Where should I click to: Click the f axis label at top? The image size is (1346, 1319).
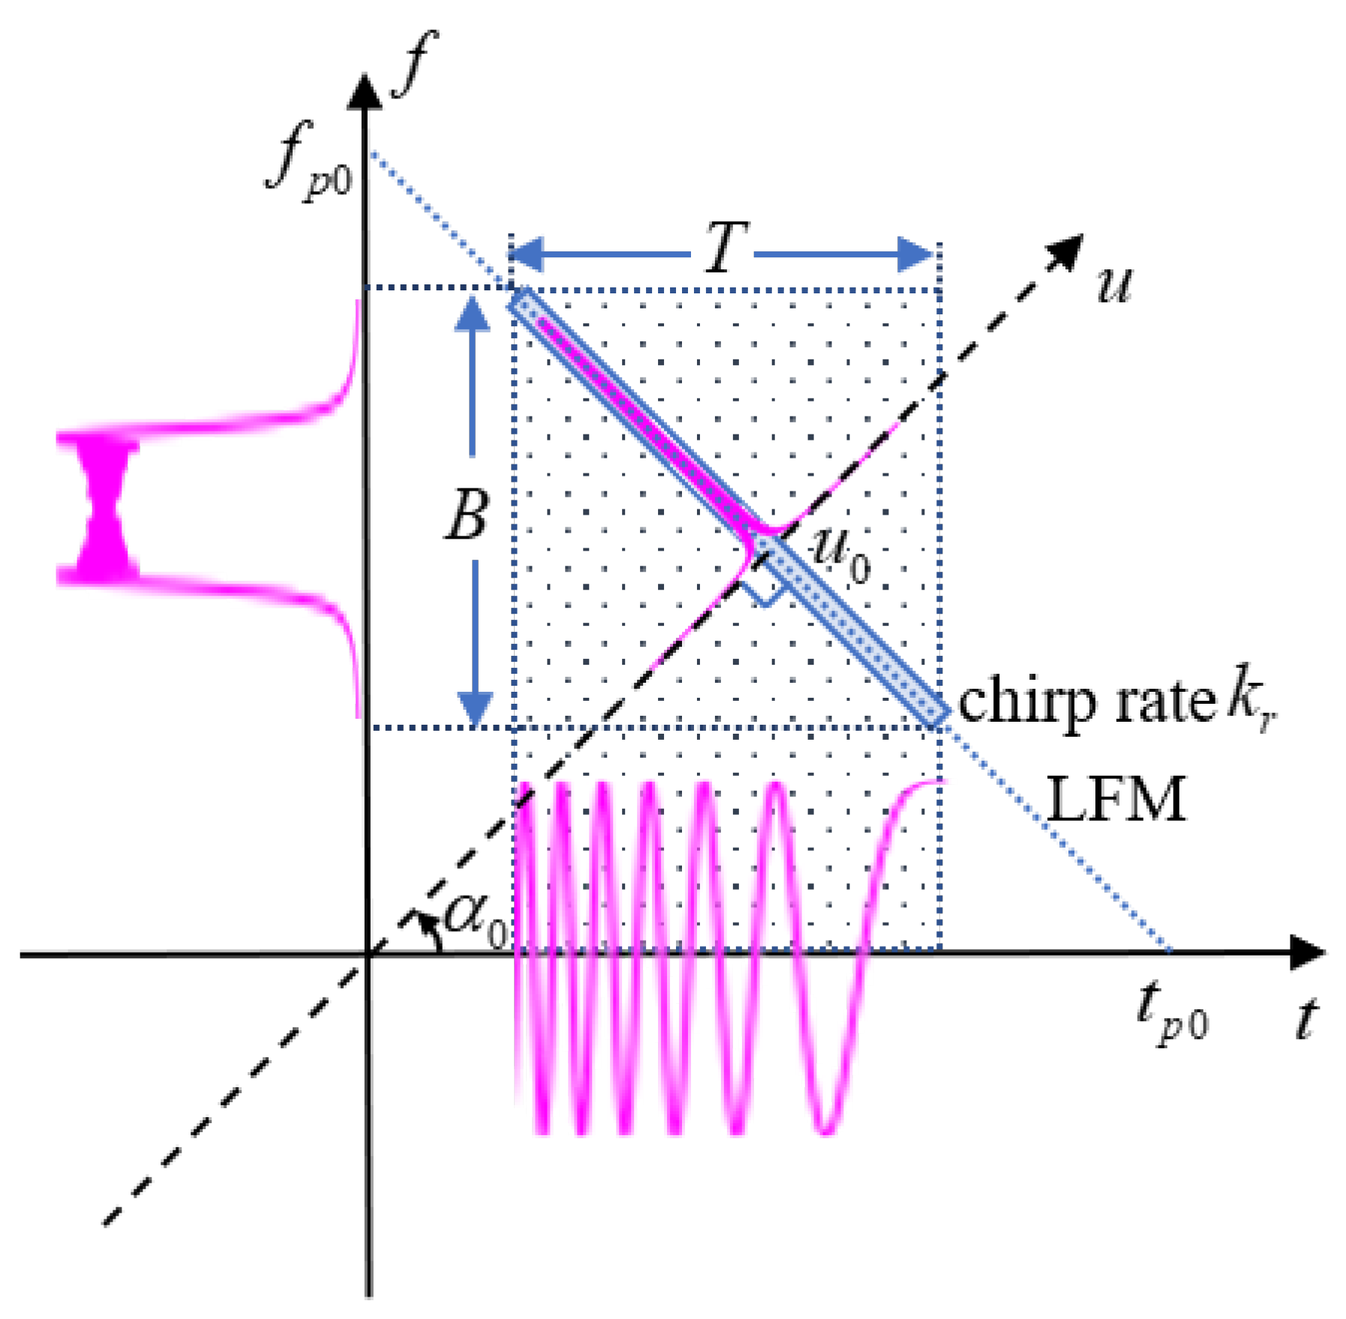pos(414,66)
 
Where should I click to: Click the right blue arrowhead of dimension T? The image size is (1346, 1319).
pos(917,255)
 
